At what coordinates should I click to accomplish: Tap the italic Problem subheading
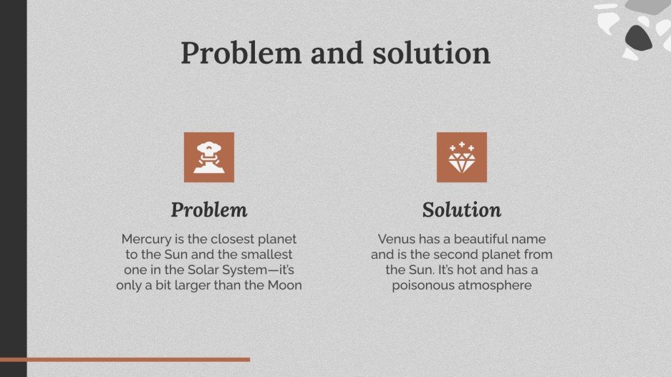point(209,210)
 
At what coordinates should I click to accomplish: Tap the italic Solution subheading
point(461,210)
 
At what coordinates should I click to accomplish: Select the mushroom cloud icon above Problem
point(209,157)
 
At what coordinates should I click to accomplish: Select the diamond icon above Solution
point(461,157)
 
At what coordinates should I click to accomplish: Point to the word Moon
point(283,286)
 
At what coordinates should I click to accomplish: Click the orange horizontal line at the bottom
point(125,359)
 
